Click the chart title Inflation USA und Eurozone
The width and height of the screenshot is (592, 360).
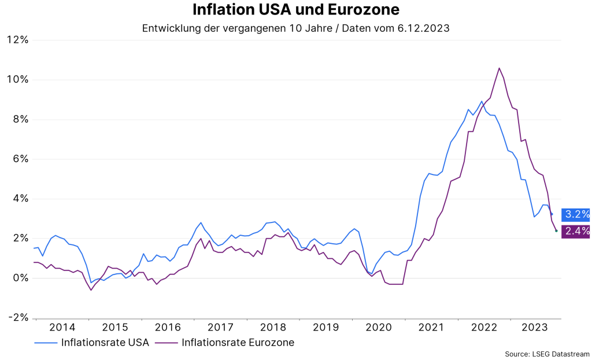tap(295, 10)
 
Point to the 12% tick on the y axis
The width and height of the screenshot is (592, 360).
tap(18, 40)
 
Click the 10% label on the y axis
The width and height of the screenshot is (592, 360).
tap(18, 80)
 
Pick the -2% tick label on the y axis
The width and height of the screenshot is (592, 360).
tap(18, 318)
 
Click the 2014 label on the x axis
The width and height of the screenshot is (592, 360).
tap(62, 328)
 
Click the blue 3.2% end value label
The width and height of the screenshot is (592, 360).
tap(576, 214)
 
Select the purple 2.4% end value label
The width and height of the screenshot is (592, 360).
tap(576, 231)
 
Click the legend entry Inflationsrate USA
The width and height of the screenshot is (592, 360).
tap(106, 343)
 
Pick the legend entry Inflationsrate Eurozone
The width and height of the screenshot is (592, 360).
tap(238, 343)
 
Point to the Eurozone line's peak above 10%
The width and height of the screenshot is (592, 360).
tap(499, 68)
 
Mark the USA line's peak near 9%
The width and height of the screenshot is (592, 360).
tap(482, 101)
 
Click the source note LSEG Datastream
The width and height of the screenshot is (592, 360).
tap(547, 354)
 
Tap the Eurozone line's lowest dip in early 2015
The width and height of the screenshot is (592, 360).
tap(91, 290)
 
